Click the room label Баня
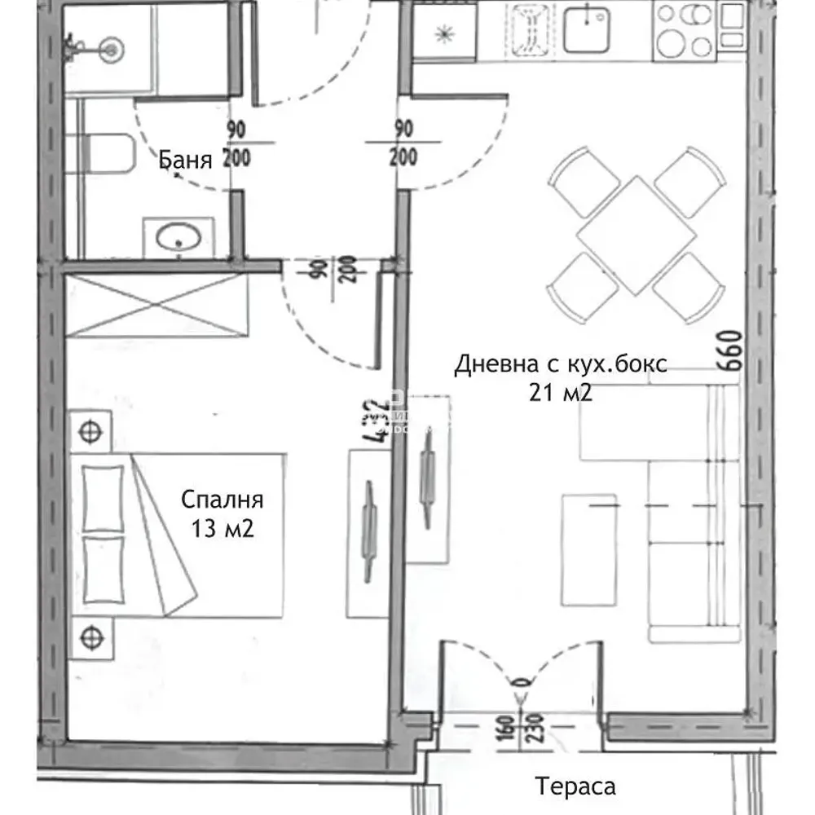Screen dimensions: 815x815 click(x=185, y=160)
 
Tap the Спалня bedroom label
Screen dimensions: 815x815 click(x=222, y=499)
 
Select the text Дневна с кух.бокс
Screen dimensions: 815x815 click(x=561, y=363)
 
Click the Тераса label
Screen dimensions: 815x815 click(x=575, y=786)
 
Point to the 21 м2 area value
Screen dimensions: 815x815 click(x=560, y=394)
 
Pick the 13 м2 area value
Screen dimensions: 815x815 click(x=222, y=529)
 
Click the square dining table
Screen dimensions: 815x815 click(x=637, y=236)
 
